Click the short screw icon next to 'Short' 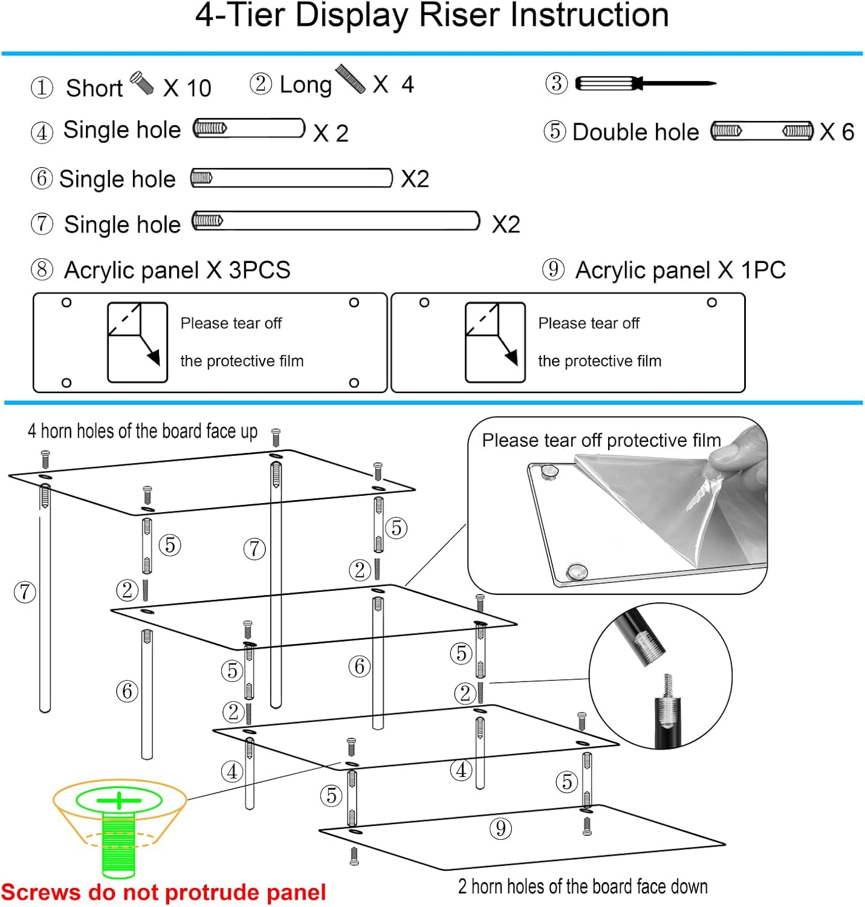tap(142, 83)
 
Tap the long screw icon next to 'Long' tap(351, 79)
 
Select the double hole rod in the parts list tap(762, 131)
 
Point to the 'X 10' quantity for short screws tap(187, 88)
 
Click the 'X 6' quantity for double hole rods tap(837, 132)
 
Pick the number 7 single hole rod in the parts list tap(335, 221)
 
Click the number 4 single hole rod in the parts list tap(249, 129)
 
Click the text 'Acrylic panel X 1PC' tap(680, 270)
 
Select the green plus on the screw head tap(119, 801)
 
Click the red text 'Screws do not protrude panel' tap(163, 892)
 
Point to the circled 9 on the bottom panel tap(501, 828)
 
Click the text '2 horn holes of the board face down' tap(583, 886)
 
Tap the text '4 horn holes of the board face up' tap(143, 431)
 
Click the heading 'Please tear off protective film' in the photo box tap(601, 440)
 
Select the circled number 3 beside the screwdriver tap(557, 83)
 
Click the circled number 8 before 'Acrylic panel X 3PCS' tap(42, 270)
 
